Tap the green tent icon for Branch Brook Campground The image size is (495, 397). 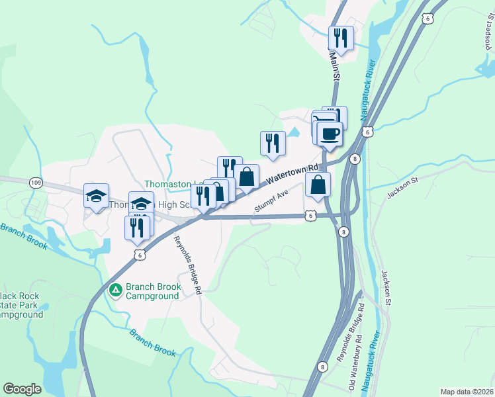click(x=116, y=290)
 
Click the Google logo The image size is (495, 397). click(x=22, y=389)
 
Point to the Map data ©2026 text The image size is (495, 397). click(x=467, y=392)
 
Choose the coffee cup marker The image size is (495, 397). click(x=330, y=134)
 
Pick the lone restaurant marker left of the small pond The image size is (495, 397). click(x=272, y=143)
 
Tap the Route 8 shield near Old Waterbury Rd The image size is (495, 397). click(x=323, y=367)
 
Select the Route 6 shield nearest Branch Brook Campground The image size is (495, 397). click(x=138, y=253)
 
